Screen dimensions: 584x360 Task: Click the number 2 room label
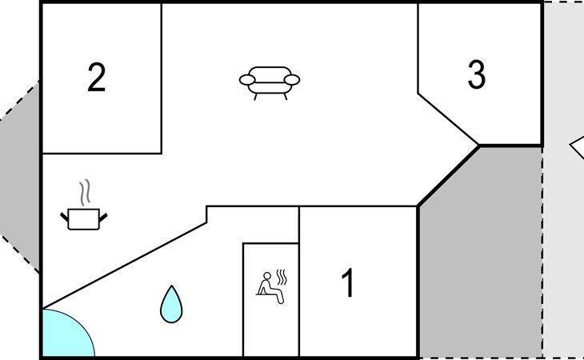pyautogui.click(x=97, y=77)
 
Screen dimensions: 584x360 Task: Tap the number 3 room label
pyautogui.click(x=476, y=74)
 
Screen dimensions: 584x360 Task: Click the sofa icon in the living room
pyautogui.click(x=270, y=83)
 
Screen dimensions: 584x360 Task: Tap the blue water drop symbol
pyautogui.click(x=171, y=304)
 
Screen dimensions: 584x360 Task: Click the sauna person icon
pyautogui.click(x=272, y=287)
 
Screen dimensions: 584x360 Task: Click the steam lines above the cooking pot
pyautogui.click(x=85, y=193)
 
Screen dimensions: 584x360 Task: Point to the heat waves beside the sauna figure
pyautogui.click(x=282, y=277)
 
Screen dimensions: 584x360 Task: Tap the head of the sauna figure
pyautogui.click(x=267, y=276)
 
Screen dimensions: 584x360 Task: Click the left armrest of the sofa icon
pyautogui.click(x=247, y=80)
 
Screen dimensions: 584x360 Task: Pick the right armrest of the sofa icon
pyautogui.click(x=292, y=80)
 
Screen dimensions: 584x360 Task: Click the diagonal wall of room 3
pyautogui.click(x=449, y=119)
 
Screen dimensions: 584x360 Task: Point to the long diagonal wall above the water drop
pyautogui.click(x=124, y=266)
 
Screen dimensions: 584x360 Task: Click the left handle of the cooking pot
pyautogui.click(x=65, y=217)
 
